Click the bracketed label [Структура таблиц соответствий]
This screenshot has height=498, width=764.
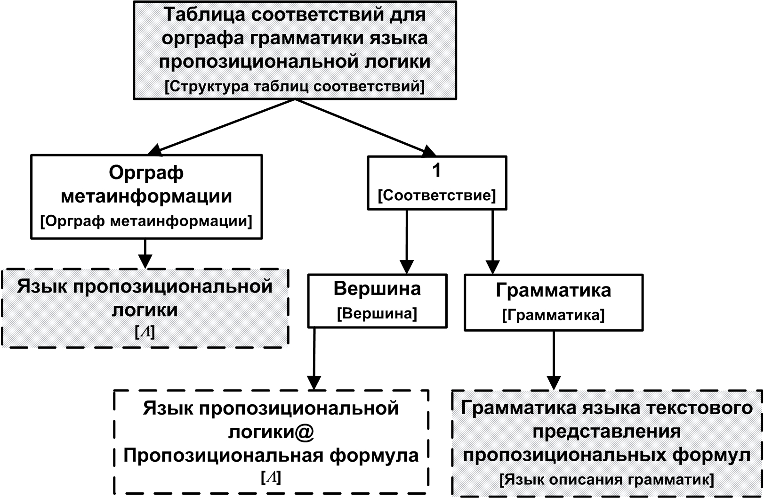coord(295,87)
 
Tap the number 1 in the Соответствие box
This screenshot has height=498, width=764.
coord(437,171)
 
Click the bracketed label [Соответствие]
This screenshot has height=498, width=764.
coord(437,195)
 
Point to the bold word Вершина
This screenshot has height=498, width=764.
coord(377,288)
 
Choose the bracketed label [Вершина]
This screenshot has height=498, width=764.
coord(377,313)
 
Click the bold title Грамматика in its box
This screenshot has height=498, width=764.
coord(554,290)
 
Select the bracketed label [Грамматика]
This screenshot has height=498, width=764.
coord(554,315)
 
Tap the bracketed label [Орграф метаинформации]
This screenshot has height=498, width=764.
coord(146,220)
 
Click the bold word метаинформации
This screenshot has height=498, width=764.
coord(146,196)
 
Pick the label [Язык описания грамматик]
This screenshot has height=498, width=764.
coord(607,480)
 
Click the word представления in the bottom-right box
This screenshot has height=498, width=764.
coord(607,432)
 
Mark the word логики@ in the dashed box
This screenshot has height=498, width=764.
coord(271,432)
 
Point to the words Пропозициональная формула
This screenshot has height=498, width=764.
coord(271,456)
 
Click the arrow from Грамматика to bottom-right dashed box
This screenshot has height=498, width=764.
coord(554,360)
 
